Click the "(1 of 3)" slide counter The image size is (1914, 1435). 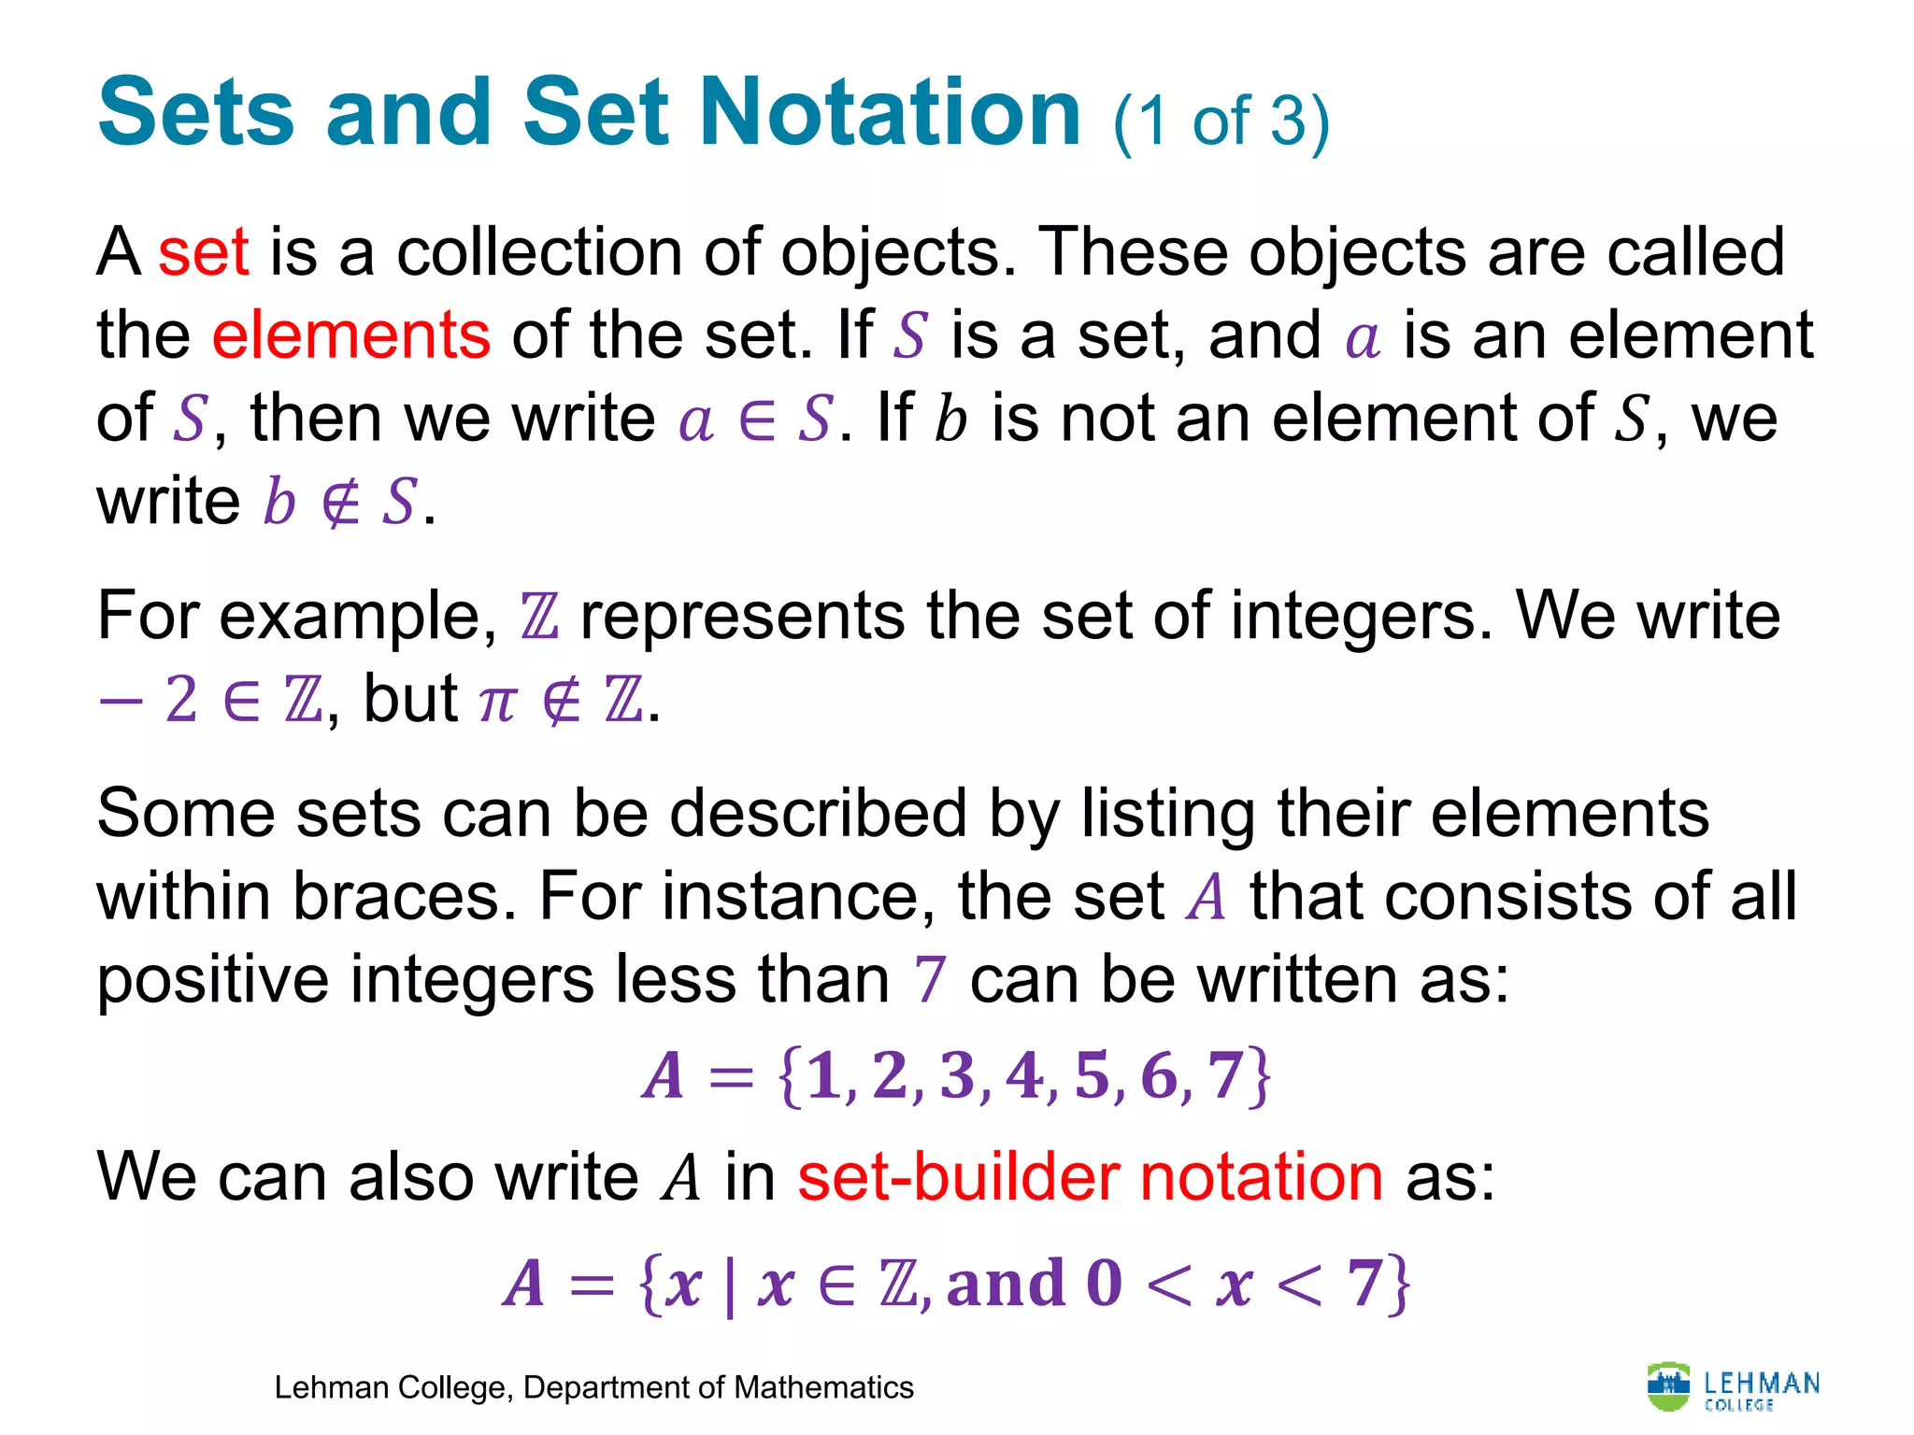[x=1221, y=121]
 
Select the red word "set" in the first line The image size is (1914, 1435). [x=203, y=252]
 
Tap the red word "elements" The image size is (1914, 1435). [x=350, y=335]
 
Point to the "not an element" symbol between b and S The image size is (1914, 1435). [x=339, y=504]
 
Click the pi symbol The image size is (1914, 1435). [x=496, y=701]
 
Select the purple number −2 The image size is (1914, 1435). [x=150, y=700]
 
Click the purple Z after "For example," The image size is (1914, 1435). [x=539, y=618]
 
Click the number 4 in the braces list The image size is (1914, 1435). [x=1024, y=1075]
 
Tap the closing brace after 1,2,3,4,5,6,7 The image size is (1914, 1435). [x=1260, y=1077]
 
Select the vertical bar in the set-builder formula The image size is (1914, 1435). [x=729, y=1286]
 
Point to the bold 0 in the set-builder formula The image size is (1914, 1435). [x=1104, y=1284]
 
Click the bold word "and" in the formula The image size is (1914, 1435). [x=1006, y=1284]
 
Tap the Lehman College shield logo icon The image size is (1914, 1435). [x=1668, y=1387]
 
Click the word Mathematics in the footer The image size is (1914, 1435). [x=823, y=1388]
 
